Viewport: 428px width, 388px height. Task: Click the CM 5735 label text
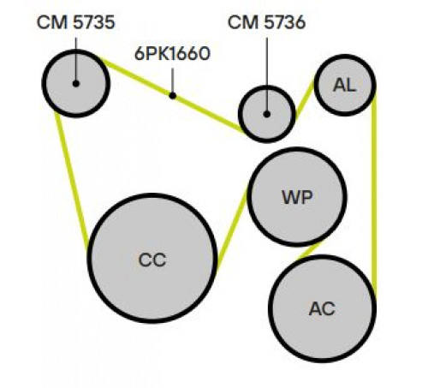76,22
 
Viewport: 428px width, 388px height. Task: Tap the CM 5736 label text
267,22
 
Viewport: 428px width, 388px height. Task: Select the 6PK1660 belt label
172,54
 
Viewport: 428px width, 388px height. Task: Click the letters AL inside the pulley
345,85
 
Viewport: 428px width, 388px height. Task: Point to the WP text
297,197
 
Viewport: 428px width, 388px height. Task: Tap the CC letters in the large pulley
152,260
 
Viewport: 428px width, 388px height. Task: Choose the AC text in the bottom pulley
322,308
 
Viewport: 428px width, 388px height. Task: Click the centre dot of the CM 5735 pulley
76,84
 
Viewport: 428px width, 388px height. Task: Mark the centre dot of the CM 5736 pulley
267,114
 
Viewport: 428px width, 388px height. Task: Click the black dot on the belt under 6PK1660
172,96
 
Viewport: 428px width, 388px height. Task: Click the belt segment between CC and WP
232,229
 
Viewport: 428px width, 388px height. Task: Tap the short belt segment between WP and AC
309,251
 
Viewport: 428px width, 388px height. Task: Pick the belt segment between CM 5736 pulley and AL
305,100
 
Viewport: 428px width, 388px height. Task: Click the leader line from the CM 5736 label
267,75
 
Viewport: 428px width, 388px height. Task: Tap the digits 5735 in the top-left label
94,22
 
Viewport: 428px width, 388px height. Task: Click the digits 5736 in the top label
285,22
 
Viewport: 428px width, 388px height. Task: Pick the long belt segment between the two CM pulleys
173,96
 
